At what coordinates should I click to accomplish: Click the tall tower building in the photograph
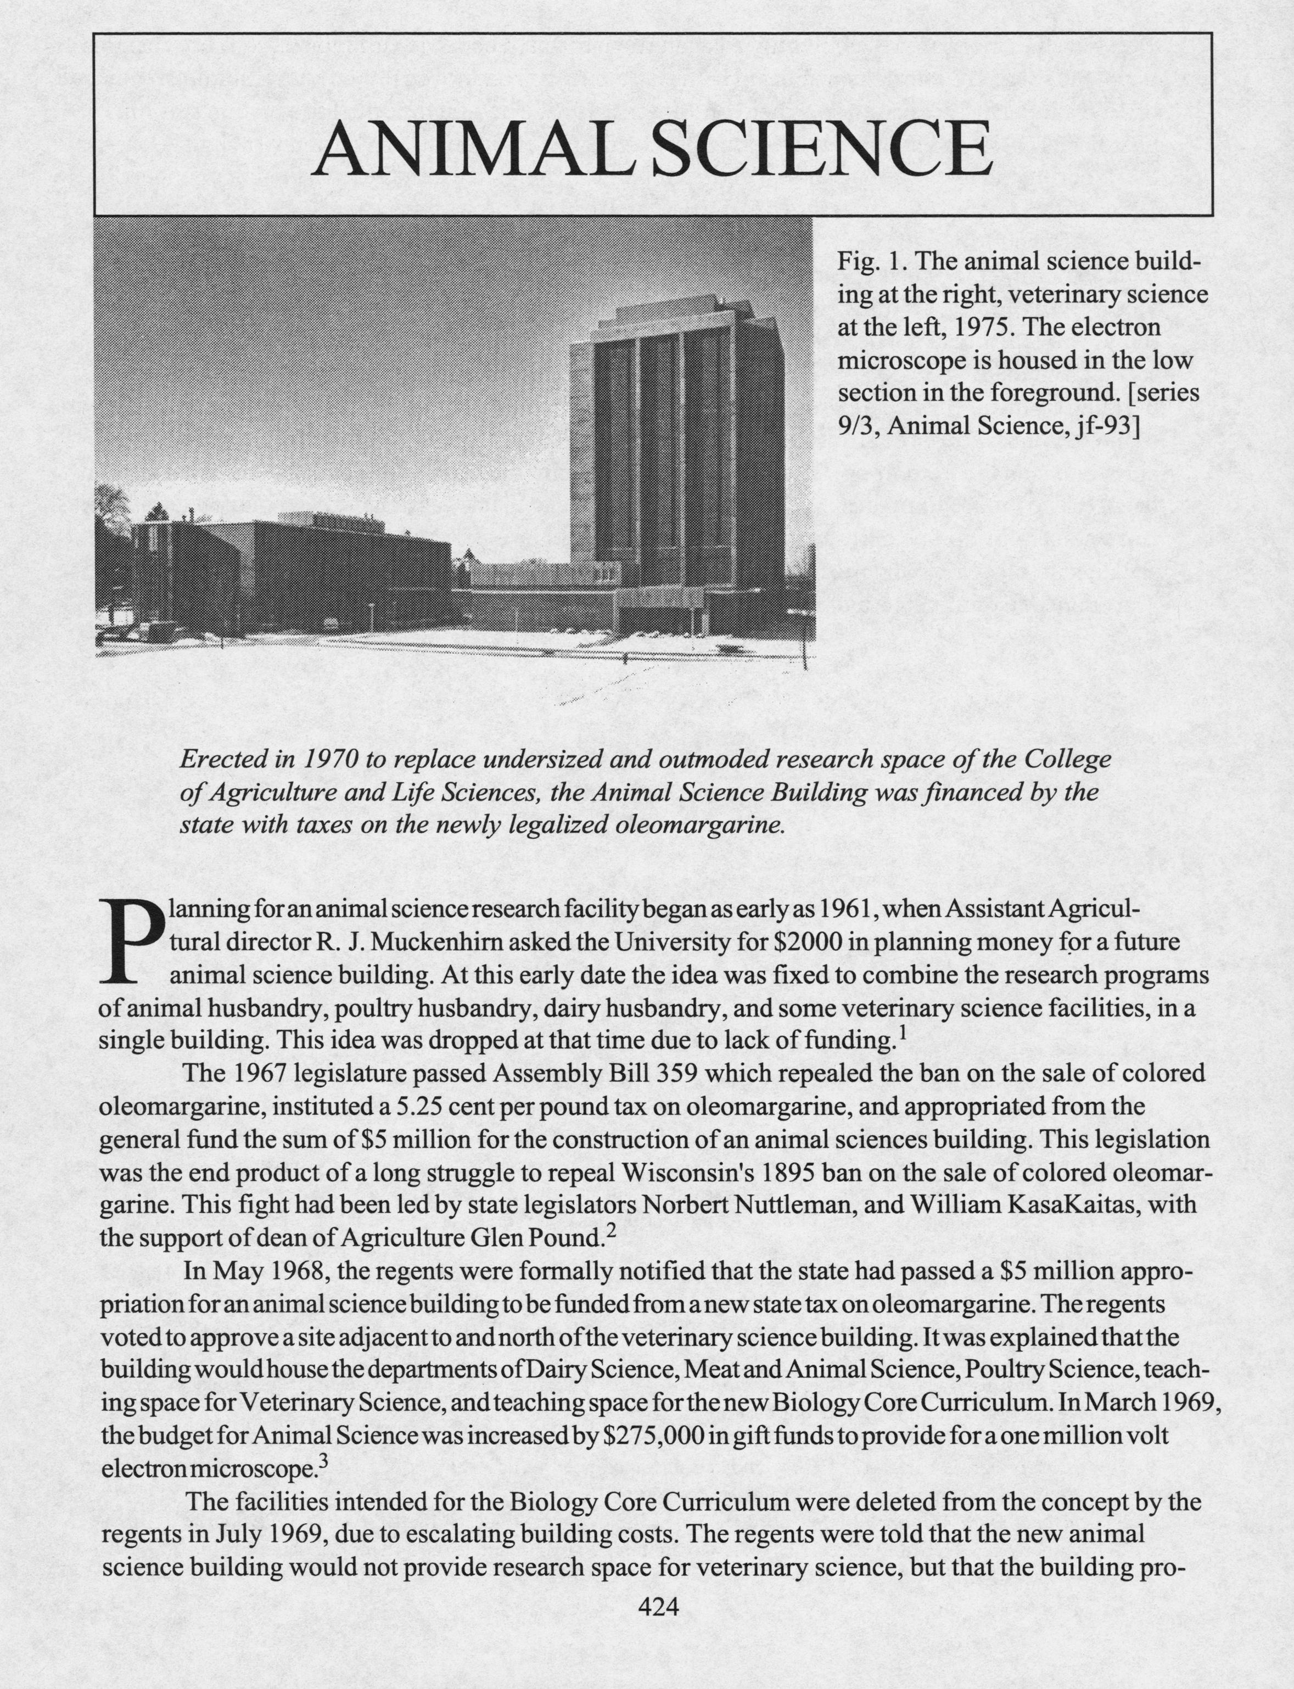tap(678, 447)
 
